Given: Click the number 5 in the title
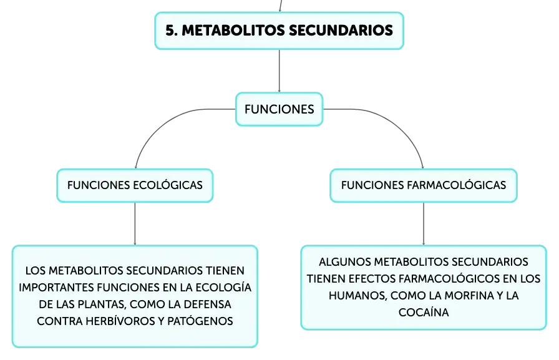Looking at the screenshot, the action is click(170, 31).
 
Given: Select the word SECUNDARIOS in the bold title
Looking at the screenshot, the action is click(341, 31).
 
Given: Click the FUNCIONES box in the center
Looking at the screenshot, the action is click(279, 109).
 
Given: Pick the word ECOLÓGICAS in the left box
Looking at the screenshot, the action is click(168, 185).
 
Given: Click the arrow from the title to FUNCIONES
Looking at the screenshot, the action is click(279, 71).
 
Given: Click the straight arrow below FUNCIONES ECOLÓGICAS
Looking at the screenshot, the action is click(135, 224).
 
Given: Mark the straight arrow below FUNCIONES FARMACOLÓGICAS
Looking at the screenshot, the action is click(424, 224).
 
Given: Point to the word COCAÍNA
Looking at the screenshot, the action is click(424, 312).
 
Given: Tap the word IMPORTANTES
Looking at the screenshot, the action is click(56, 287).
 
